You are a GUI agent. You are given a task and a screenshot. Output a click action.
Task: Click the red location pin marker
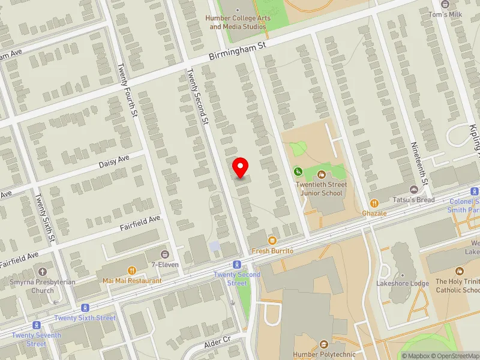click(241, 167)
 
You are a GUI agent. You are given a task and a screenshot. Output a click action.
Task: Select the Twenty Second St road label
click(197, 97)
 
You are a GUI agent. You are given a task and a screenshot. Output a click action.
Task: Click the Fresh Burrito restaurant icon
click(272, 240)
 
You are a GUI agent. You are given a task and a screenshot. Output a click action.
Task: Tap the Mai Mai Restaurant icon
click(132, 271)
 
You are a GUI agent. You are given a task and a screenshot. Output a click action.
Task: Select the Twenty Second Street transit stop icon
click(238, 265)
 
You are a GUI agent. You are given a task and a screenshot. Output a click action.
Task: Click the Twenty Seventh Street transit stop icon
click(37, 325)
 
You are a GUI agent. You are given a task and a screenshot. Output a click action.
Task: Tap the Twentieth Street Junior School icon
click(322, 175)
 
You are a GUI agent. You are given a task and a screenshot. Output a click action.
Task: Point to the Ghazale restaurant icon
click(374, 203)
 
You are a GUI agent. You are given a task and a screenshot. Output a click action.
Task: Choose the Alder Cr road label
click(218, 340)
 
